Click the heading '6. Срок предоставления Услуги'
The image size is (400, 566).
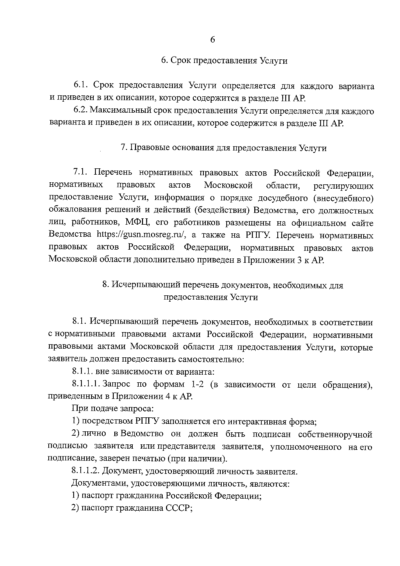(x=224, y=61)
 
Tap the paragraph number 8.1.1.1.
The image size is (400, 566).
(x=86, y=385)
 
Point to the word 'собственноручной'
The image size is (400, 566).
(x=335, y=434)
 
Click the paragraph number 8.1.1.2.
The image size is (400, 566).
(x=86, y=472)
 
